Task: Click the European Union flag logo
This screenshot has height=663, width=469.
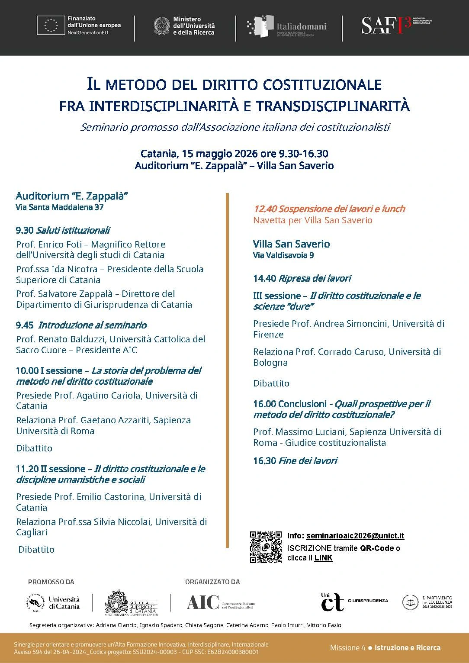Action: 51,26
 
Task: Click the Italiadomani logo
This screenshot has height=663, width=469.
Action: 286,26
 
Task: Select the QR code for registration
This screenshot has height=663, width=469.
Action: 266,547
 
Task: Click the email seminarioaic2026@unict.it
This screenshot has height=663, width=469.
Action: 355,536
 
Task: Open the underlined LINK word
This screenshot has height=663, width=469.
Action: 323,558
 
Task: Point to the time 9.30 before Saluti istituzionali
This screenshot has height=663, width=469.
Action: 25,230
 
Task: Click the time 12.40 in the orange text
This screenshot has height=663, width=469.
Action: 265,209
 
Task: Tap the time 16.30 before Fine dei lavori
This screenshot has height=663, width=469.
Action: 264,461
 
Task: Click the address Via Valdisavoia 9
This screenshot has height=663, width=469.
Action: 283,255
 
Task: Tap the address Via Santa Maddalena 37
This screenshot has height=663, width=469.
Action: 60,207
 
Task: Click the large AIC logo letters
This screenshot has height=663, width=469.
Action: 203,602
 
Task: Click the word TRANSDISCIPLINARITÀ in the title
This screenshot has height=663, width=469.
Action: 333,106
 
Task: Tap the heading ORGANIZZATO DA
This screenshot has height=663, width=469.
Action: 212,582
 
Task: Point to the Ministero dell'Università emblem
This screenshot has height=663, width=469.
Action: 162,26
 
